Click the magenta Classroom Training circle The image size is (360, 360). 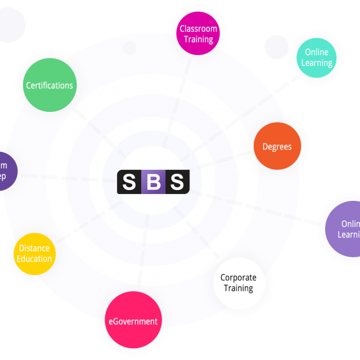198,34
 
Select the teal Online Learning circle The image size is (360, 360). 317,57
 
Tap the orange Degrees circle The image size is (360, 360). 277,146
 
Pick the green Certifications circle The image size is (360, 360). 49,85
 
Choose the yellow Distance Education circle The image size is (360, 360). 34,254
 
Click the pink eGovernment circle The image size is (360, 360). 133,320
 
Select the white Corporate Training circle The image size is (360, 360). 239,283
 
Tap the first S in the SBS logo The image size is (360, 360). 129,182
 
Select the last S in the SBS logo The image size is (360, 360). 177,182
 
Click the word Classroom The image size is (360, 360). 198,29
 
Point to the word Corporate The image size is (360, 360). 238,277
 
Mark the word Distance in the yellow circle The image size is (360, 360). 34,248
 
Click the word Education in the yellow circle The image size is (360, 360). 34,259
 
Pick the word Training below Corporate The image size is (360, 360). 238,288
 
